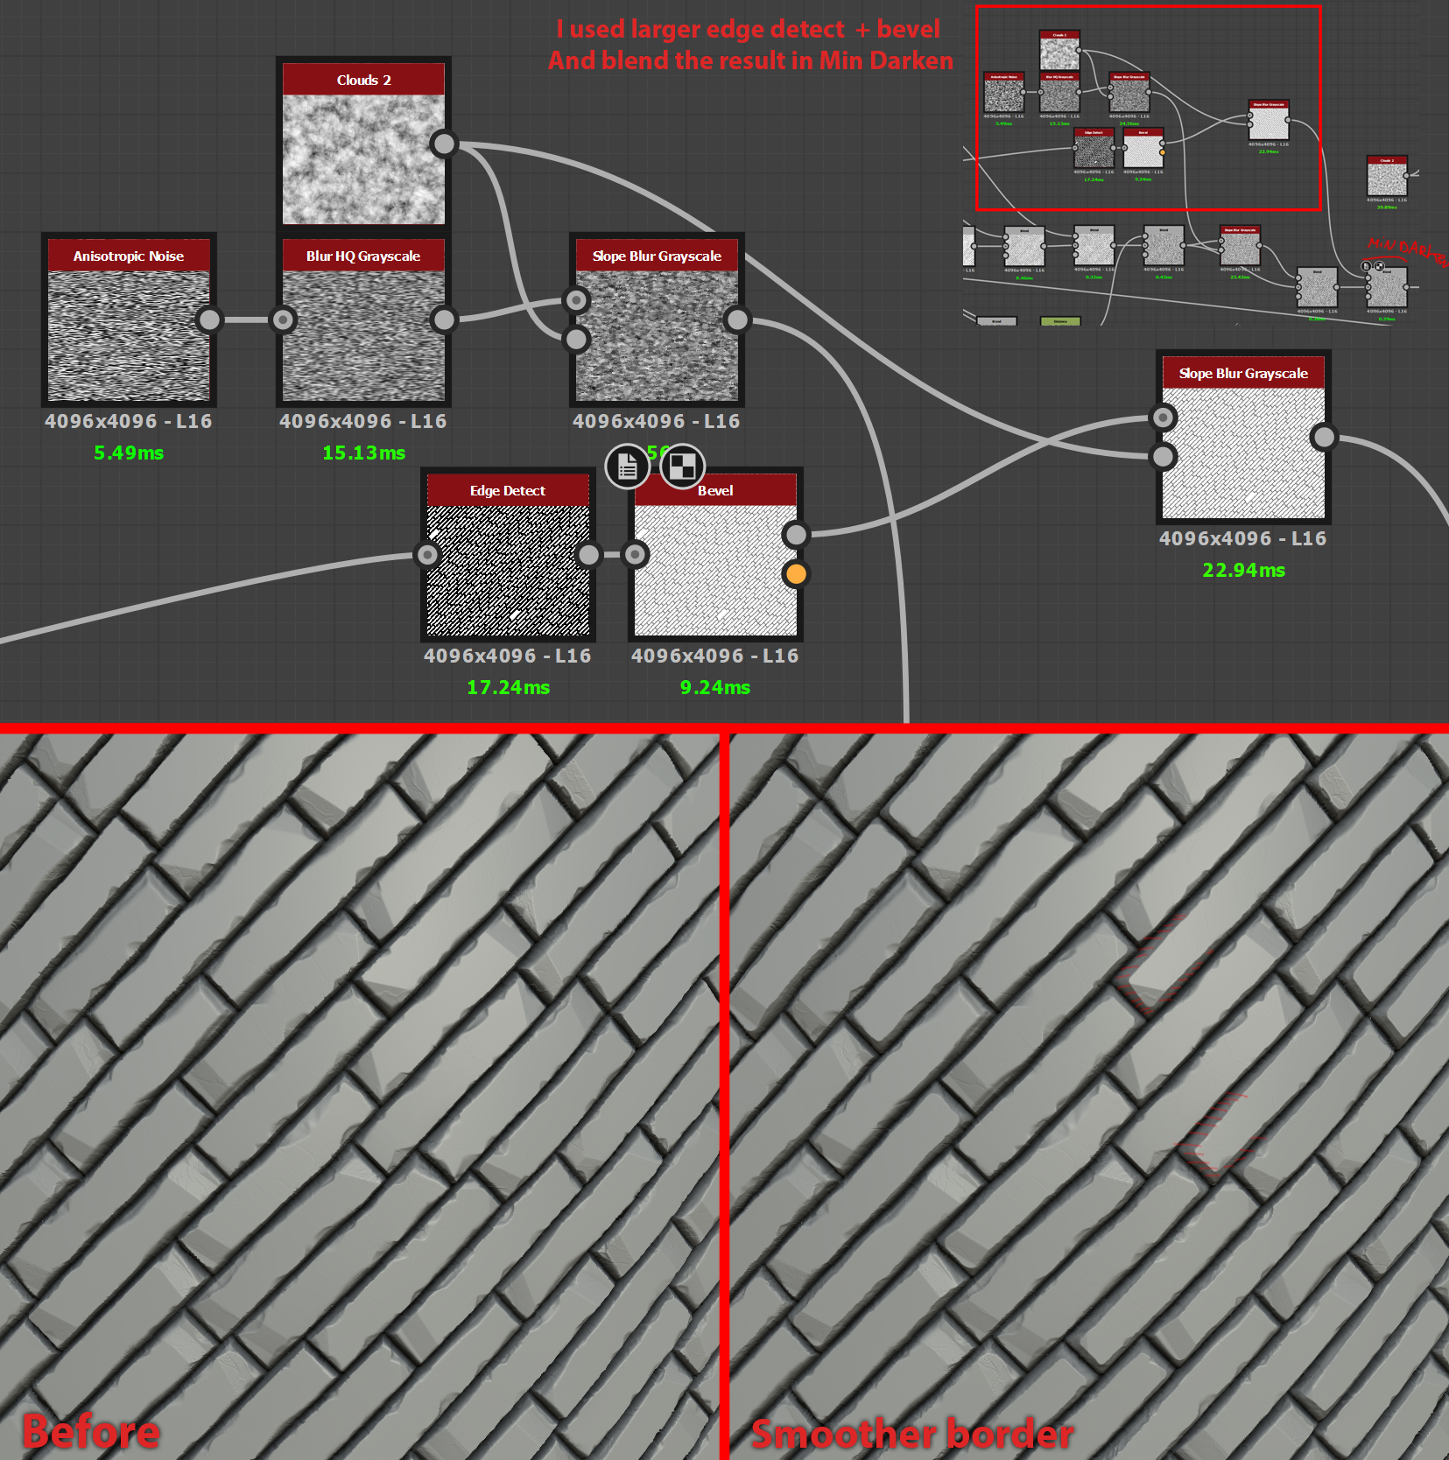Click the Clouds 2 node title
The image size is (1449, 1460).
coord(363,80)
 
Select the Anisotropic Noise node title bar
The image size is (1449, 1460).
coord(129,256)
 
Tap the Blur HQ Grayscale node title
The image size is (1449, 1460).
coord(363,256)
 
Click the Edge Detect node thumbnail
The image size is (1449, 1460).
coord(508,570)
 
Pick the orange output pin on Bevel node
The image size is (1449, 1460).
coord(796,574)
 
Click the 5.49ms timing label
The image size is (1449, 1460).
coord(129,453)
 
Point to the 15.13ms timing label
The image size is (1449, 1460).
coord(363,453)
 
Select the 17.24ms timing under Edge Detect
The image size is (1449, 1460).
coord(508,687)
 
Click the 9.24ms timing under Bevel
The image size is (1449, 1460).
coord(714,687)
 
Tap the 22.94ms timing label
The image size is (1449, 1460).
coord(1243,570)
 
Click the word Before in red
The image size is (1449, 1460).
coord(91,1432)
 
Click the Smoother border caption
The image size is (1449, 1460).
coord(911,1434)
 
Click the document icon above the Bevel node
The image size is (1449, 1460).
coord(627,467)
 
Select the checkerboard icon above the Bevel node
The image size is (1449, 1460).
coord(682,467)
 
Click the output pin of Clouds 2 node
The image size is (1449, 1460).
coord(444,144)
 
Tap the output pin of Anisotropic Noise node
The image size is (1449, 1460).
coord(209,319)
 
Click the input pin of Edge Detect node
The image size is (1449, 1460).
coord(427,554)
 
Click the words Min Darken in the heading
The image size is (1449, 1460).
coord(885,60)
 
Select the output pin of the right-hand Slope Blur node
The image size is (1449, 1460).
coord(1324,437)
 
